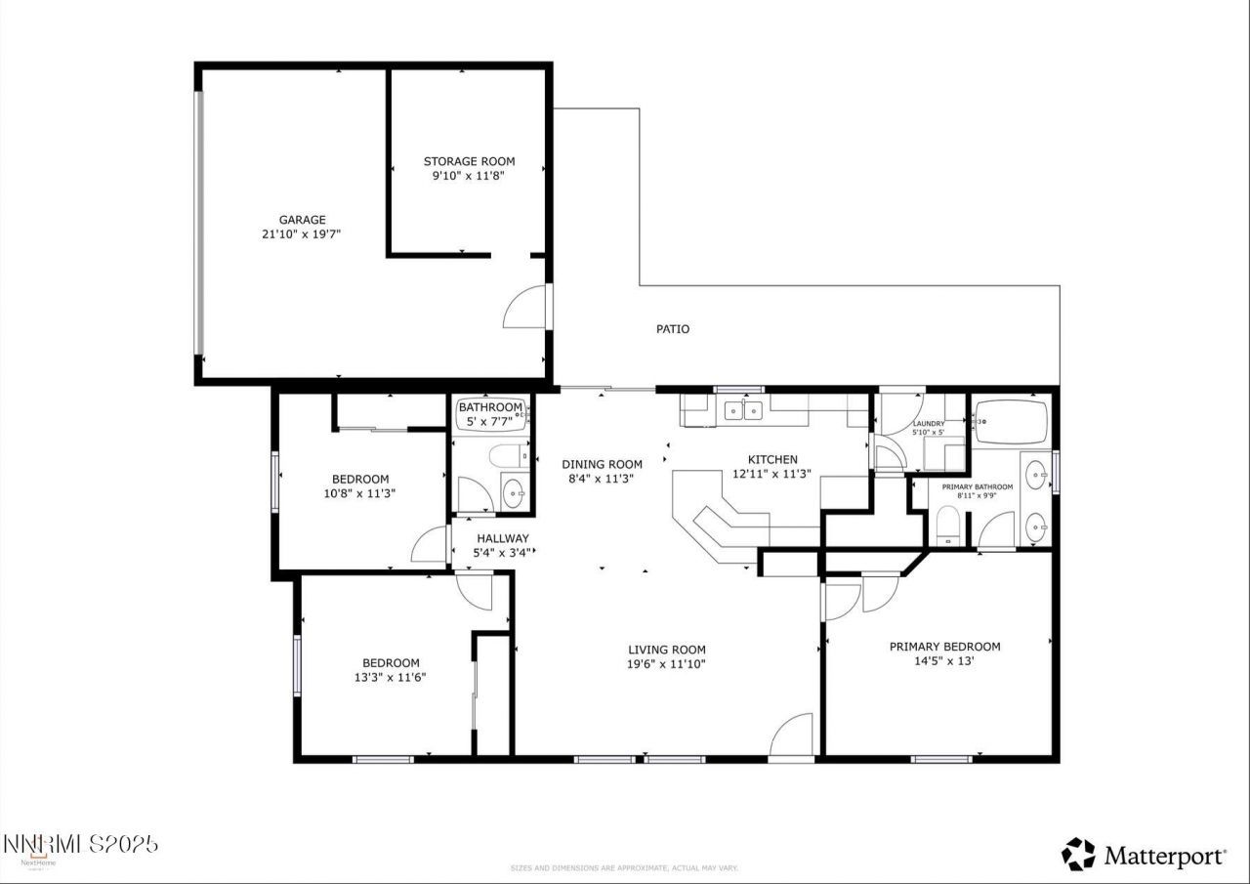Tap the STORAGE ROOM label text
(469, 161)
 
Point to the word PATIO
(672, 329)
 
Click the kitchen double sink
(744, 411)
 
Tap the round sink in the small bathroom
(514, 493)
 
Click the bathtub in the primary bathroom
(1011, 422)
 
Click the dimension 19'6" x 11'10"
(666, 664)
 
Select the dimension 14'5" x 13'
(944, 660)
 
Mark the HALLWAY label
(503, 538)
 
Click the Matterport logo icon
(1078, 855)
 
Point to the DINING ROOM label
(602, 464)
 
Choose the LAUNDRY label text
(928, 424)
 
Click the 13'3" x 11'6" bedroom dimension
(391, 677)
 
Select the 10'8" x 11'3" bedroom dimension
(360, 493)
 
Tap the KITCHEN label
(772, 459)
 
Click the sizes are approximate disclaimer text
(624, 867)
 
